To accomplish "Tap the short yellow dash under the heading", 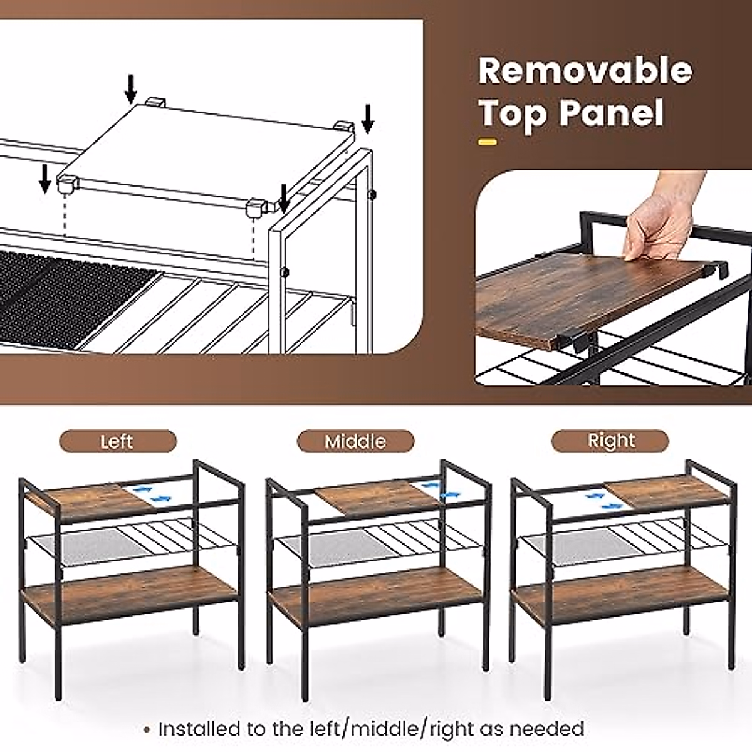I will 487,142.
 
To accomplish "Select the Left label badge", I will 117,441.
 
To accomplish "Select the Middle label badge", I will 355,441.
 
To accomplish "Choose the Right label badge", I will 610,441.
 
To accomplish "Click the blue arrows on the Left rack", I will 154,493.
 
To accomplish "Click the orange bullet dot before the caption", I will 147,729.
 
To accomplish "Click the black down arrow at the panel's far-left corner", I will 44,178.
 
